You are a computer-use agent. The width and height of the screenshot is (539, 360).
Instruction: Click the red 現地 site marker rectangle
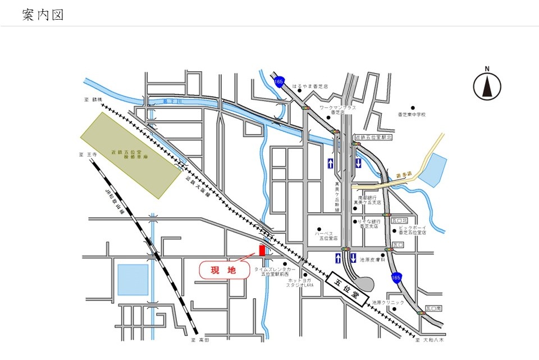click(262, 250)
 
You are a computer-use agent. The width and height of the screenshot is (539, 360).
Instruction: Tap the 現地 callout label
click(223, 270)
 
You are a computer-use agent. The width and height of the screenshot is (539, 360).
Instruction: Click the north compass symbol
click(487, 86)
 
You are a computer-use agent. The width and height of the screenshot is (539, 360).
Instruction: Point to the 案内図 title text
click(43, 15)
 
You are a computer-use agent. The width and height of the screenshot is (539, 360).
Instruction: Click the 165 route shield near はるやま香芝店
click(279, 82)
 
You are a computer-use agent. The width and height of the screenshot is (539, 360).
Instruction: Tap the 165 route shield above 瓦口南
click(397, 277)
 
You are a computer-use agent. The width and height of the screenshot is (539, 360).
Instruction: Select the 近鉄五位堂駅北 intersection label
click(374, 137)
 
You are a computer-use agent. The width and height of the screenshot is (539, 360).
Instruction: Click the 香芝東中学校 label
click(412, 115)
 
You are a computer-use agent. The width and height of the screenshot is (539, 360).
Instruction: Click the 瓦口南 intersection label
click(433, 308)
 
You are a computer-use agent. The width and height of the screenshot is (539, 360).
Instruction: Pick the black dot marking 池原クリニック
click(395, 308)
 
